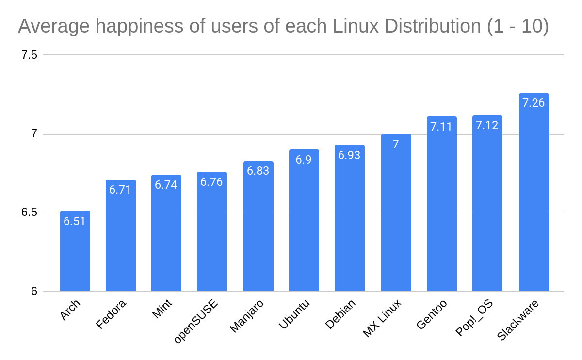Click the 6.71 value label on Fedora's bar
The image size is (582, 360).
(120, 190)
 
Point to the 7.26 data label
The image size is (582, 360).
(533, 103)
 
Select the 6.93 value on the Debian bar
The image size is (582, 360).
(349, 155)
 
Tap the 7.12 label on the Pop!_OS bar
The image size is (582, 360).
(487, 125)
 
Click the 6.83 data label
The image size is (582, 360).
(258, 171)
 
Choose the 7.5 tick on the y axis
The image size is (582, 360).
(29, 55)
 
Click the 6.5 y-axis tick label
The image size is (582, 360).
(29, 213)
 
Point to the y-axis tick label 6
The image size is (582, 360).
(34, 292)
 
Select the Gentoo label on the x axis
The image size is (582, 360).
(432, 314)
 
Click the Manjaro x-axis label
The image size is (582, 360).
(246, 316)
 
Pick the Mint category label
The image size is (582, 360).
(162, 309)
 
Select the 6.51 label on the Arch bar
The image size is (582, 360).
(75, 221)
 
